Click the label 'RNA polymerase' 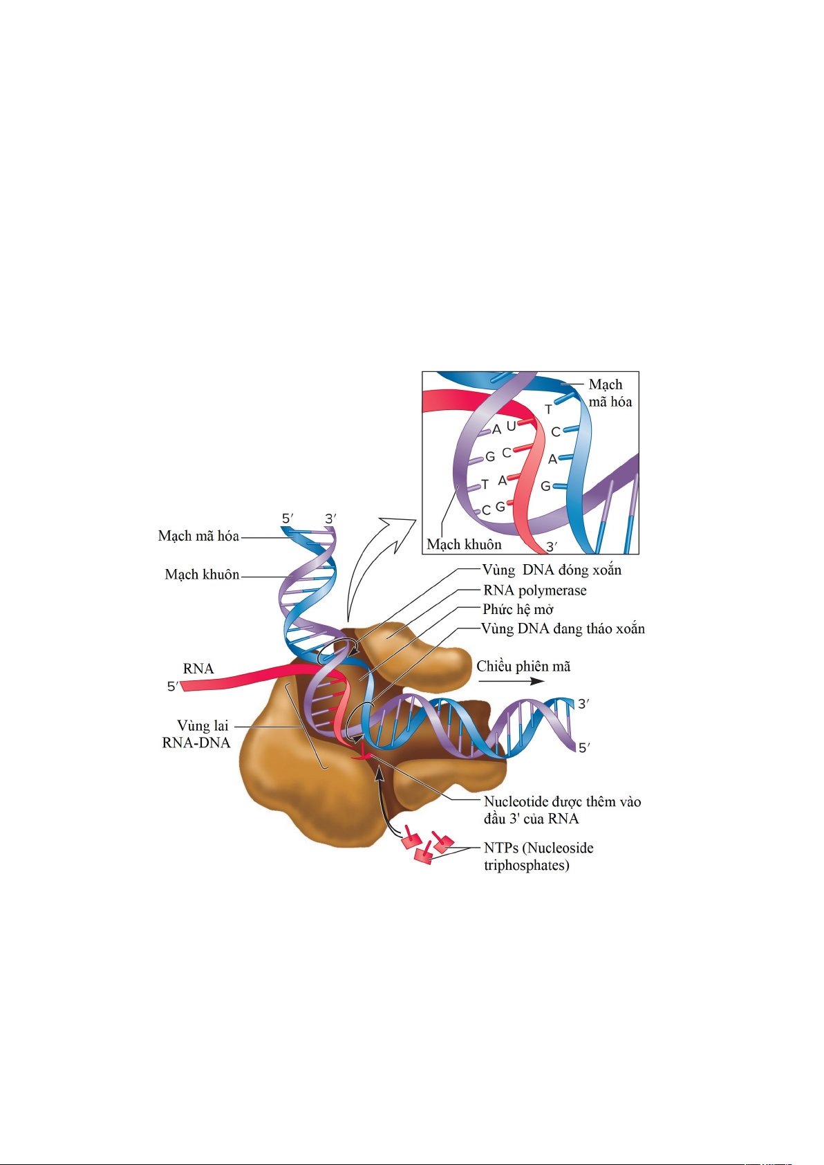click(x=534, y=591)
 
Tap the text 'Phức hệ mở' click(x=518, y=610)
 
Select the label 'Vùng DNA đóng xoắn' click(x=552, y=570)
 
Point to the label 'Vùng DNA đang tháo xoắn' click(x=563, y=628)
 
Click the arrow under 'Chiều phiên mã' click(x=511, y=682)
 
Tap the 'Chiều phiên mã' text click(x=523, y=667)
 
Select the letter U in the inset click(x=511, y=426)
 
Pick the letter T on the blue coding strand click(x=548, y=409)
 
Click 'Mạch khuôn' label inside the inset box click(x=465, y=545)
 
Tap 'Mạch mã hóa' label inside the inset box click(x=610, y=393)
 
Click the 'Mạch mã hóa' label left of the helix click(x=198, y=537)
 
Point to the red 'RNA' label click(x=198, y=669)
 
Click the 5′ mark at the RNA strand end click(x=173, y=687)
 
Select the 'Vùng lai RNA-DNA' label click(x=196, y=734)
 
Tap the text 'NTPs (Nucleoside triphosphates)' click(x=539, y=857)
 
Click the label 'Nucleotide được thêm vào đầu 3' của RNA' click(x=563, y=810)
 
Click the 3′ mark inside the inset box click(x=552, y=547)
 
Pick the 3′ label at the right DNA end click(x=584, y=705)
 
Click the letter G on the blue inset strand click(x=545, y=486)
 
